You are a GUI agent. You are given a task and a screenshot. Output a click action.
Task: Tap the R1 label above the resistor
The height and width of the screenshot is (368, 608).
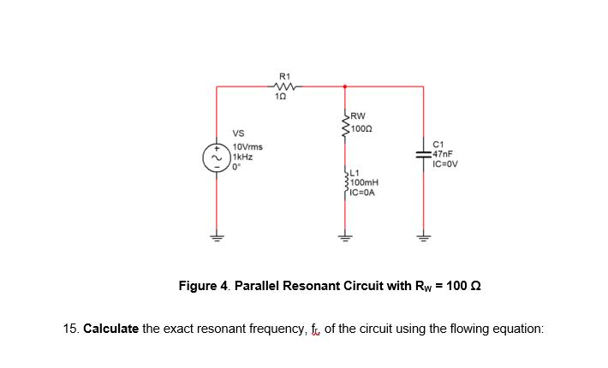pos(284,75)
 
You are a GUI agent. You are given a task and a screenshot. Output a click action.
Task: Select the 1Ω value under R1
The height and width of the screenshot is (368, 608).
pos(284,96)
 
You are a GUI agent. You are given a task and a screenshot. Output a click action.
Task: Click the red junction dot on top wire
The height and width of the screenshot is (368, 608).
pos(344,86)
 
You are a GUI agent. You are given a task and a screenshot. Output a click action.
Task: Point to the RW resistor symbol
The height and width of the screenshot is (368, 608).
pos(344,126)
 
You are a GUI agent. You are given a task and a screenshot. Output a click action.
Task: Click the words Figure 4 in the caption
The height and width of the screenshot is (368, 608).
pos(203,286)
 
